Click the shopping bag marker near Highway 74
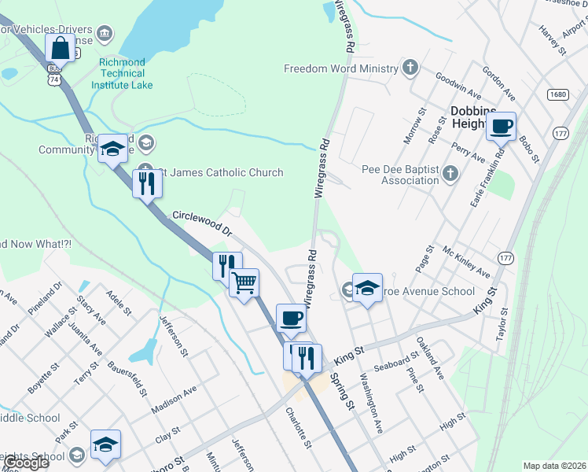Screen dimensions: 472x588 coord(61,49)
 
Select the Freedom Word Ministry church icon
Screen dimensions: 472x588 coord(410,68)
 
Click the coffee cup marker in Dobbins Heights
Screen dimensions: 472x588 coord(501,126)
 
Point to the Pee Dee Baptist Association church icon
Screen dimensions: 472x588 coord(450,173)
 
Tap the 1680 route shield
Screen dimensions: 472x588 coord(557,94)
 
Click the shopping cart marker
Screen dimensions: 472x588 coord(244,282)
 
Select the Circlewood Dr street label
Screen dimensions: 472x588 coord(203,223)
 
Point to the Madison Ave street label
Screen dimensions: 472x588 coord(174,401)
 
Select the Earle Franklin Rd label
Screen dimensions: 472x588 coord(487,179)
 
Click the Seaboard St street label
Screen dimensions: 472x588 coord(396,363)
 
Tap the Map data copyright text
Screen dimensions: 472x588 coord(555,466)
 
